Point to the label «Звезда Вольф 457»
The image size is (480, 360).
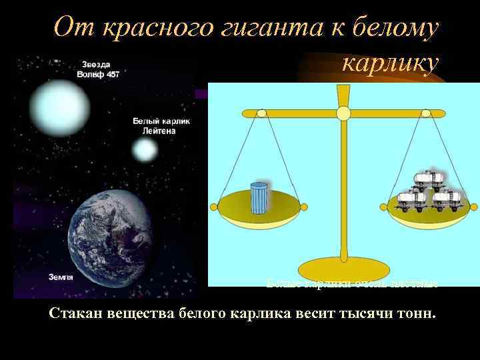click(x=99, y=69)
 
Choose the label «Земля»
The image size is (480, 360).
click(x=61, y=275)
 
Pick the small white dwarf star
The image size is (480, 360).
click(x=145, y=151)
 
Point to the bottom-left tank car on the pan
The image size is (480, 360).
click(x=407, y=200)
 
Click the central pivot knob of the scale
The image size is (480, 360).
click(x=343, y=113)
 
